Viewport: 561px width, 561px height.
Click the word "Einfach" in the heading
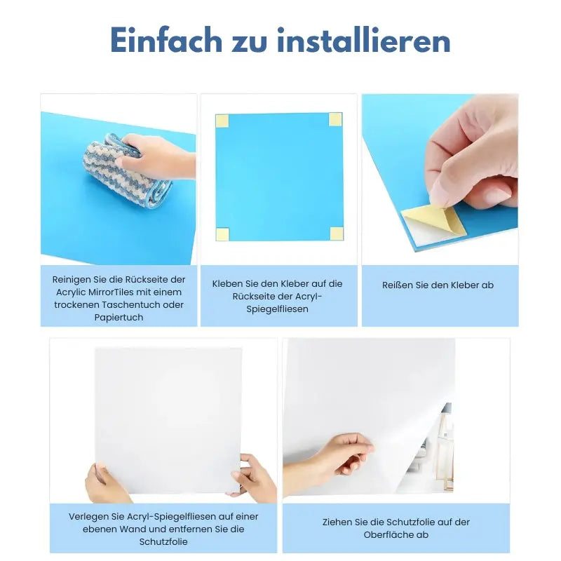point(165,41)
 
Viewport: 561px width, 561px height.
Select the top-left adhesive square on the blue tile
point(222,121)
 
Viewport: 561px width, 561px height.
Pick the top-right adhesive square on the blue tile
point(335,119)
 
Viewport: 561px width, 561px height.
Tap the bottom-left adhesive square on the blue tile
point(222,234)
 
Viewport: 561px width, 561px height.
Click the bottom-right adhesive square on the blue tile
point(336,234)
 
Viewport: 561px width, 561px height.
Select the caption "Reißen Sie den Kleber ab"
point(438,285)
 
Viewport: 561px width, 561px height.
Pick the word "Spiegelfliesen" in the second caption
point(278,309)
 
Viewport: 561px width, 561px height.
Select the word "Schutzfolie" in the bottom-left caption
point(163,542)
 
